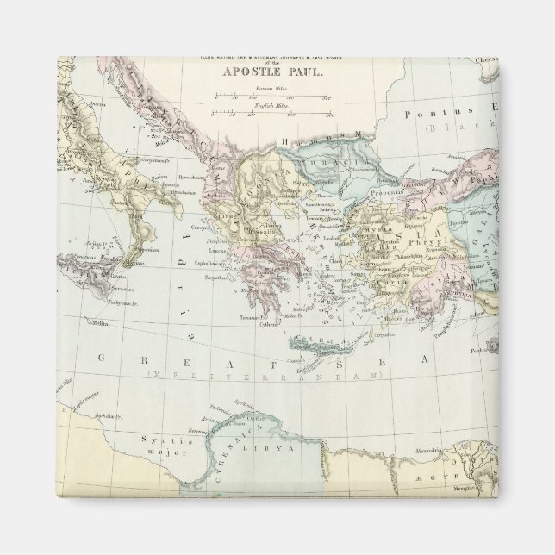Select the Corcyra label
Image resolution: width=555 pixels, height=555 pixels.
pyautogui.click(x=210, y=231)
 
